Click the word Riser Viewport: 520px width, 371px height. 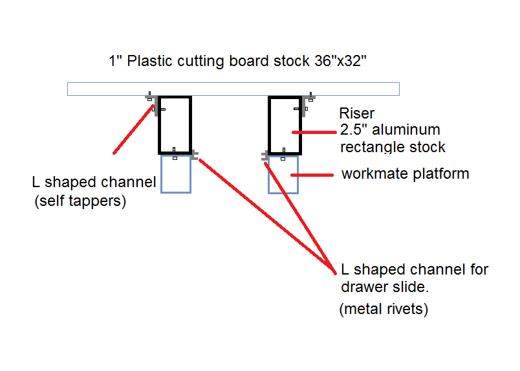click(356, 114)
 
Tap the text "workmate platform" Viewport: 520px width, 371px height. click(405, 174)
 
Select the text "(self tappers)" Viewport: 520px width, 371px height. click(80, 201)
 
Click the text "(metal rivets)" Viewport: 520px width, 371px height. click(384, 309)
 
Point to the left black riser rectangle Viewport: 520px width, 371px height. click(175, 125)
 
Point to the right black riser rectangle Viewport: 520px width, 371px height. click(285, 125)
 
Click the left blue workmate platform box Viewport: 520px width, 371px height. click(175, 174)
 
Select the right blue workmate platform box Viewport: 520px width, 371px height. click(284, 175)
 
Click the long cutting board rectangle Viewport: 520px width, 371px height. click(233, 89)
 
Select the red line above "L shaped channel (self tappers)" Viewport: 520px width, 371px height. click(135, 129)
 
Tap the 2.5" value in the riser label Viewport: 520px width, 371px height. click(352, 129)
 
